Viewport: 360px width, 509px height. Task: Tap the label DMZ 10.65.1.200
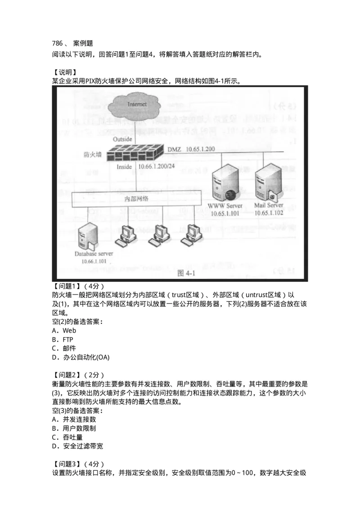(191, 149)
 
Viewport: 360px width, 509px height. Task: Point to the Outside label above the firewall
(123, 139)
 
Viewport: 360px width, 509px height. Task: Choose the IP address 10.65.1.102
(269, 213)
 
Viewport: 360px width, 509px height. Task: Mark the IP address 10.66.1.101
(94, 261)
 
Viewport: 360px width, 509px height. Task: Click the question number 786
(57, 44)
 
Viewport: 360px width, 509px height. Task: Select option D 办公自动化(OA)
(81, 357)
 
